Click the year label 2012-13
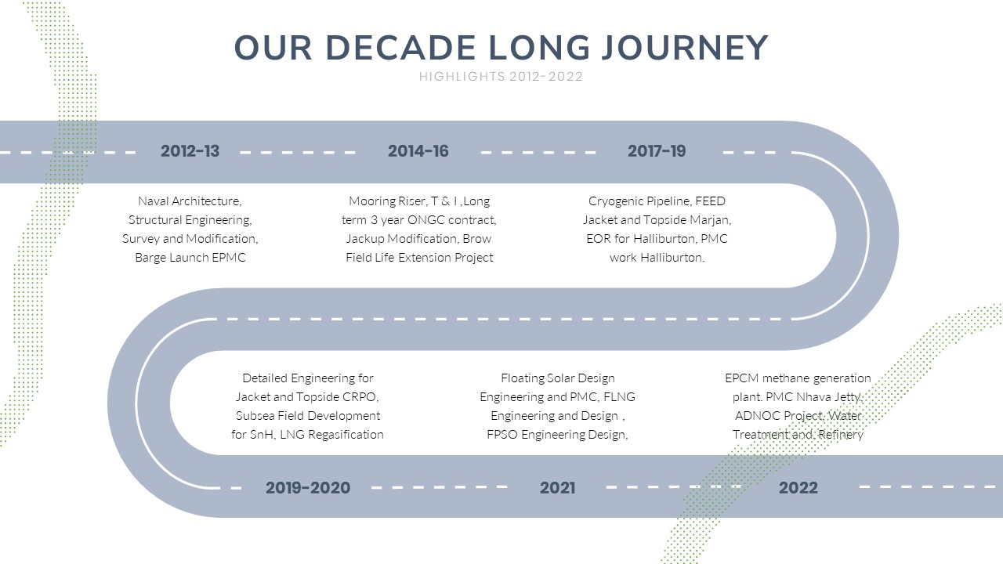pos(190,151)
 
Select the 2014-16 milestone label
pos(418,151)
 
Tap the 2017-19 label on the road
pos(657,151)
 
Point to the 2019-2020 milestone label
pos(308,487)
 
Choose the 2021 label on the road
pos(557,487)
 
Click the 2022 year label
pos(798,487)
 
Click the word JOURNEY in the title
pos(685,48)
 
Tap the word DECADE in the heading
pos(400,48)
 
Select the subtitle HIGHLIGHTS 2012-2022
pos(501,77)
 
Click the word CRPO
pos(360,397)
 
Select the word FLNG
pos(619,397)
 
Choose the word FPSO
pos(502,435)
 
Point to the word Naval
pos(153,201)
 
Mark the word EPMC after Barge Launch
pos(229,258)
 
